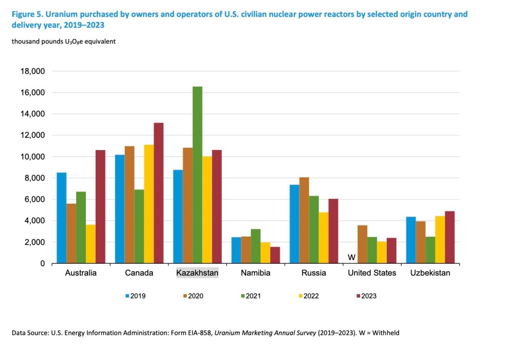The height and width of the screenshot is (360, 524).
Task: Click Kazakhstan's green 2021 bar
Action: [x=198, y=175]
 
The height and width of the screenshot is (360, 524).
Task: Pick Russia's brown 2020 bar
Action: [x=304, y=220]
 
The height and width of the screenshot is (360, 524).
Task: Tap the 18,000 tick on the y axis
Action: [x=33, y=71]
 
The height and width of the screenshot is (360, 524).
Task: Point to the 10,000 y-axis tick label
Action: [x=33, y=157]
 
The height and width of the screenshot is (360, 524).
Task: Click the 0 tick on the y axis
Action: [x=42, y=264]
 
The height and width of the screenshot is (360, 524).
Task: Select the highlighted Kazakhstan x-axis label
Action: [x=198, y=273]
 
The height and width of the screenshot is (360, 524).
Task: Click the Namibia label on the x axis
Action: [x=255, y=273]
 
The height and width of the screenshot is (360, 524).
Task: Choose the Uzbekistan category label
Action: [x=430, y=273]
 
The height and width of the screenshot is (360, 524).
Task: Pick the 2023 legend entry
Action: [x=368, y=296]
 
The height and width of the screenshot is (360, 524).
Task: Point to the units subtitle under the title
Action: [x=64, y=41]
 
